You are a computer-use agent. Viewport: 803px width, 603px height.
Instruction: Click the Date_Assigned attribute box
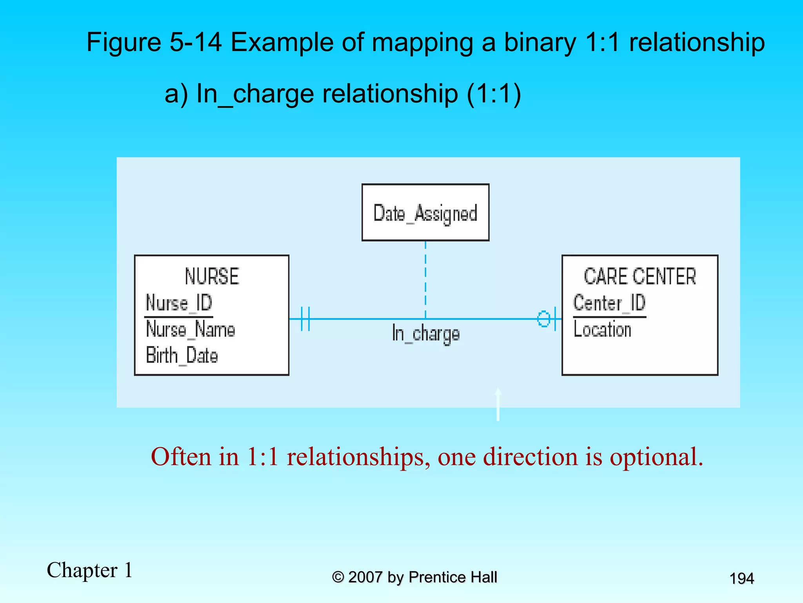tap(425, 212)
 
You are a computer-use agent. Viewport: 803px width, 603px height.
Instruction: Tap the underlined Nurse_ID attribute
tap(179, 303)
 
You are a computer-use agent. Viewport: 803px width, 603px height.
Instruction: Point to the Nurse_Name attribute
tap(191, 329)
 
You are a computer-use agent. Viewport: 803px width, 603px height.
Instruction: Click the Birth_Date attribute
tap(182, 355)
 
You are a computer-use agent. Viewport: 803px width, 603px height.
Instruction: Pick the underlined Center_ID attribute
tap(609, 303)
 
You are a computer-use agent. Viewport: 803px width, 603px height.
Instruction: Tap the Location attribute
tap(602, 329)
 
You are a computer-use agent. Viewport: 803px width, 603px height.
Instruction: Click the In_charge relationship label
tap(426, 334)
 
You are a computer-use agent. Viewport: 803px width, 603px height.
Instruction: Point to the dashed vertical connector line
tap(425, 279)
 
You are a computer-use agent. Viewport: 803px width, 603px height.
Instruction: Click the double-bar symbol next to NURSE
tap(305, 319)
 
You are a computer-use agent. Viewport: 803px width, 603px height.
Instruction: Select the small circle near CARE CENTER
tap(543, 319)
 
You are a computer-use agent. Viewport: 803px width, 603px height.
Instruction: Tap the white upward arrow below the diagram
tap(498, 404)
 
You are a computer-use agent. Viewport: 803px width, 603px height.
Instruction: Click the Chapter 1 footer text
tap(90, 570)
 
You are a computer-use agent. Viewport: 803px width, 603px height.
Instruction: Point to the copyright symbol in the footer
tap(338, 577)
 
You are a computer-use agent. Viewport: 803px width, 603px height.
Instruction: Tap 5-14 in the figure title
tap(195, 42)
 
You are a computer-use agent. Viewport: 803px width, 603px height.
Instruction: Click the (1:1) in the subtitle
tap(494, 94)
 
